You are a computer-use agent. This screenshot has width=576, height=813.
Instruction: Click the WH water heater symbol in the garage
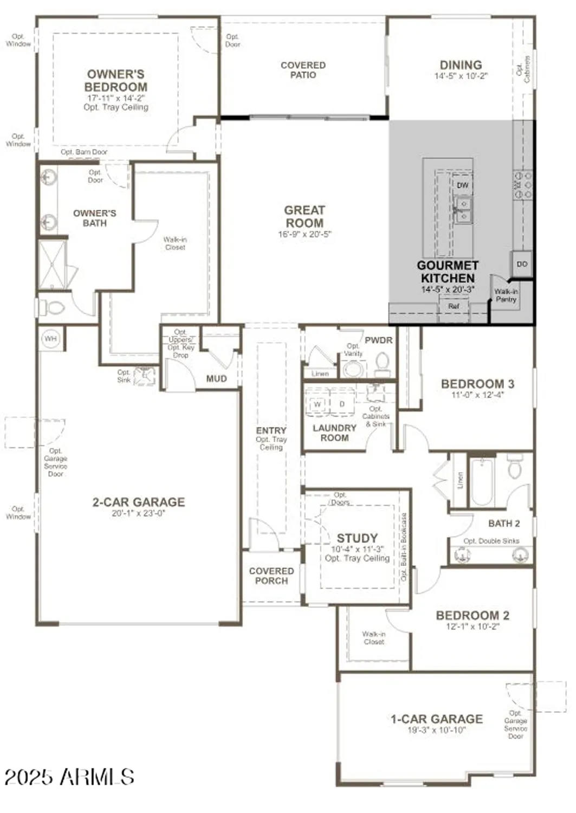coord(50,339)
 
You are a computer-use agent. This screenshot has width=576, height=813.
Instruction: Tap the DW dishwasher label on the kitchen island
coord(462,185)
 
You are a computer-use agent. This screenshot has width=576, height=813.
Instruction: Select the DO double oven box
coord(522,264)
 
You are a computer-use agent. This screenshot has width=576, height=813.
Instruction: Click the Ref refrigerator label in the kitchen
coord(454,306)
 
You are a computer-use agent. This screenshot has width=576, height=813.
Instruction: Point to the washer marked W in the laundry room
coord(318,404)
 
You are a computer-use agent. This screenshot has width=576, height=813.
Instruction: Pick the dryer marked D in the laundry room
coord(342,404)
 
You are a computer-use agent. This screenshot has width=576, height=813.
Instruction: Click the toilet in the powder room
coord(383,364)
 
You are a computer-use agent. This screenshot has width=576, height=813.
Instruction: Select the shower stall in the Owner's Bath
coord(52,264)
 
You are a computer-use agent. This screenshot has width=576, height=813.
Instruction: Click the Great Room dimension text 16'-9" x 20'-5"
coord(305,234)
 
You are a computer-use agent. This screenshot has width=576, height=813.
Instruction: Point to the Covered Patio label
coord(303,70)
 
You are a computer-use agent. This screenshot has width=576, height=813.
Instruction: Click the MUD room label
coord(216,379)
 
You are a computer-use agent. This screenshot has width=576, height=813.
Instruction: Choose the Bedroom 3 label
coord(477,384)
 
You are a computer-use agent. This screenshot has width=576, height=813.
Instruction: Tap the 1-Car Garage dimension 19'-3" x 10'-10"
coord(437,730)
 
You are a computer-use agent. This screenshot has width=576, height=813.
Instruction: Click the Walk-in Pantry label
coord(506,295)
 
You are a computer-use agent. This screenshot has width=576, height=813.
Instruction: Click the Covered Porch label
coord(271,576)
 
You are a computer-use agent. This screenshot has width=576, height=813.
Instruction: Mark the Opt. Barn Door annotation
coord(84,152)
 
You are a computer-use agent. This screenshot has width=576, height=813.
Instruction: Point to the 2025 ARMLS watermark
coord(69,777)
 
